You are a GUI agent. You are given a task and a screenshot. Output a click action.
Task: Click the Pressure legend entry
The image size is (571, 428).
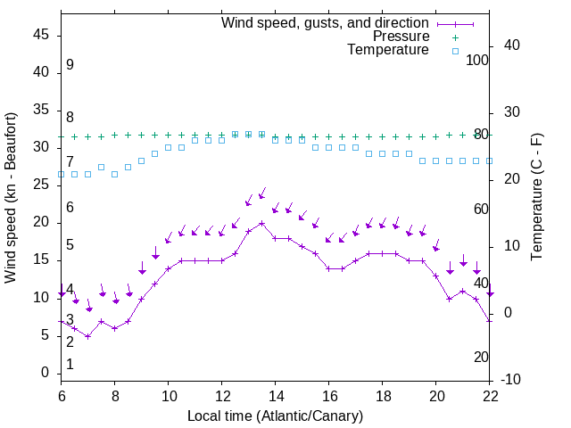pos(401,37)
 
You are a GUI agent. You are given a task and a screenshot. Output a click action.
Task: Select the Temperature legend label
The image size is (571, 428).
pos(388,51)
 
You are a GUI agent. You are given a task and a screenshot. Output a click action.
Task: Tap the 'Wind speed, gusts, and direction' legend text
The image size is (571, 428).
pos(326,22)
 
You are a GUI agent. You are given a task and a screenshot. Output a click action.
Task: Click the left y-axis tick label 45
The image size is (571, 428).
pos(41,36)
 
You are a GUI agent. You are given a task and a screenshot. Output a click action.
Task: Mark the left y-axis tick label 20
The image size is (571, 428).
pos(41,223)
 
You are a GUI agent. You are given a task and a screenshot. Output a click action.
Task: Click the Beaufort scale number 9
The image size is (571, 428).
pos(70,65)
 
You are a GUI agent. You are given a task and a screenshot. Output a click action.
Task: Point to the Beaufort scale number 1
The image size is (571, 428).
pos(70,364)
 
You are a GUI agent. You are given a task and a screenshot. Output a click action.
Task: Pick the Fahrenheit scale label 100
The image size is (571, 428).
pos(477,60)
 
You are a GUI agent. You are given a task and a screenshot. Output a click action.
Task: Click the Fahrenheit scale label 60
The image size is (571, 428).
pos(481,209)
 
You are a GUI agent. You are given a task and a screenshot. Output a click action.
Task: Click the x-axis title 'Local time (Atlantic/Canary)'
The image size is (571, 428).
pos(276,416)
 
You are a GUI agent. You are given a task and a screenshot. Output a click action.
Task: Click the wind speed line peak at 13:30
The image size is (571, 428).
pos(262,223)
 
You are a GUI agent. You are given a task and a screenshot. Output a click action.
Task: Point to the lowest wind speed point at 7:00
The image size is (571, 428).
pos(87,336)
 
